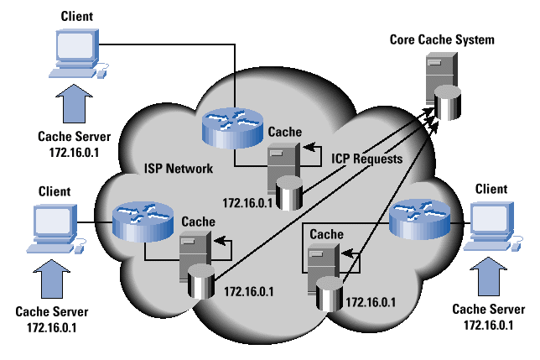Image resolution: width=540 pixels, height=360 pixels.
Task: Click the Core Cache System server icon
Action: tap(441, 86)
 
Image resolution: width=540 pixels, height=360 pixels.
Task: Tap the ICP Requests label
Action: tap(366, 157)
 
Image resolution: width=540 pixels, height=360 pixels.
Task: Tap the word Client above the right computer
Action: tap(491, 189)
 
